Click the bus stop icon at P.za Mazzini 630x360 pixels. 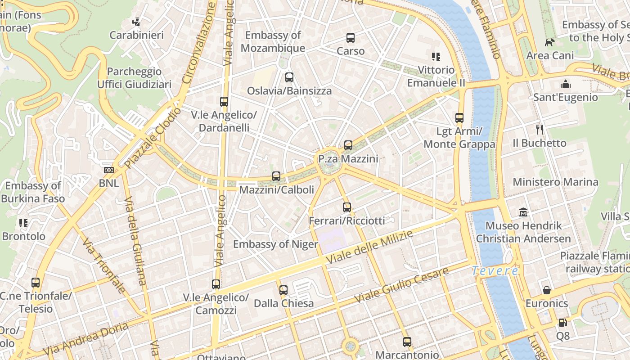point(348,145)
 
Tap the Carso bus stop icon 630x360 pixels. point(351,38)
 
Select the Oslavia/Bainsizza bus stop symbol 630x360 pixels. point(289,77)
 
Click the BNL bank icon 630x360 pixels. point(109,170)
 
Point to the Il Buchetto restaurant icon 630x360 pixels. point(540,130)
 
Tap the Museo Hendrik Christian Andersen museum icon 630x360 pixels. point(523,212)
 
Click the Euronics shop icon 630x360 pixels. point(547,290)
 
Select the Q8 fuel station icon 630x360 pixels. point(562,323)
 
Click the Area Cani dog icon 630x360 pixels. point(549,42)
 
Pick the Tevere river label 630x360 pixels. point(495,271)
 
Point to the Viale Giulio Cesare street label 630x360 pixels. point(401,285)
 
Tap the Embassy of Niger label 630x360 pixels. point(275,244)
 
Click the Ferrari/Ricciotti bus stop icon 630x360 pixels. point(346,207)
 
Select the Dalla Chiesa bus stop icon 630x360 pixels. point(283,290)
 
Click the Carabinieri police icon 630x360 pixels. point(136,22)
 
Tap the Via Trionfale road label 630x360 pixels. point(103,265)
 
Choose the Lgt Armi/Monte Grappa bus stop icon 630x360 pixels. point(459,118)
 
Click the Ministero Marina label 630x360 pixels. point(555,182)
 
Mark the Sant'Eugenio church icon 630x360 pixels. point(565,84)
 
